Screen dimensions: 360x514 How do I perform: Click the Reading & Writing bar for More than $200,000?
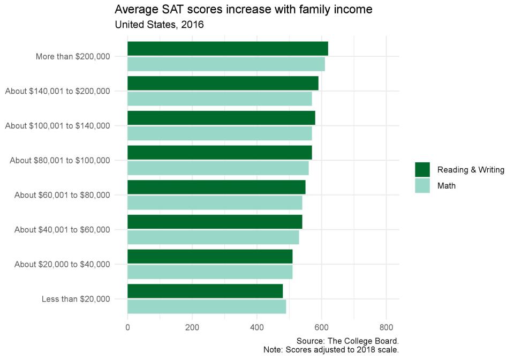pos(228,48)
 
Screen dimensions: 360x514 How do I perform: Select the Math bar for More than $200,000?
pos(226,64)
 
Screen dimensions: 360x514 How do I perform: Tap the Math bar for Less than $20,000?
pos(207,306)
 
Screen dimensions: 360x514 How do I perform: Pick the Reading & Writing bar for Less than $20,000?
pos(205,291)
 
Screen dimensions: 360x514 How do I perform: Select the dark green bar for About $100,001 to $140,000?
pos(221,118)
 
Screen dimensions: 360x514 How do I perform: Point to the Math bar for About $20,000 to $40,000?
pos(210,272)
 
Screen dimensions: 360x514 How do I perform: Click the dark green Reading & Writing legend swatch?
pos(422,170)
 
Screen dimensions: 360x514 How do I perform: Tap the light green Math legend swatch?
pos(422,186)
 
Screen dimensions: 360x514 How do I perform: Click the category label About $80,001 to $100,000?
pos(60,160)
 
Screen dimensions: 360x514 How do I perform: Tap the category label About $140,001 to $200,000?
pos(58,91)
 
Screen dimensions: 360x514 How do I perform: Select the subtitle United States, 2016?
pos(160,25)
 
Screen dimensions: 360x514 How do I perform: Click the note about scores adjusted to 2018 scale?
pos(331,350)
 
